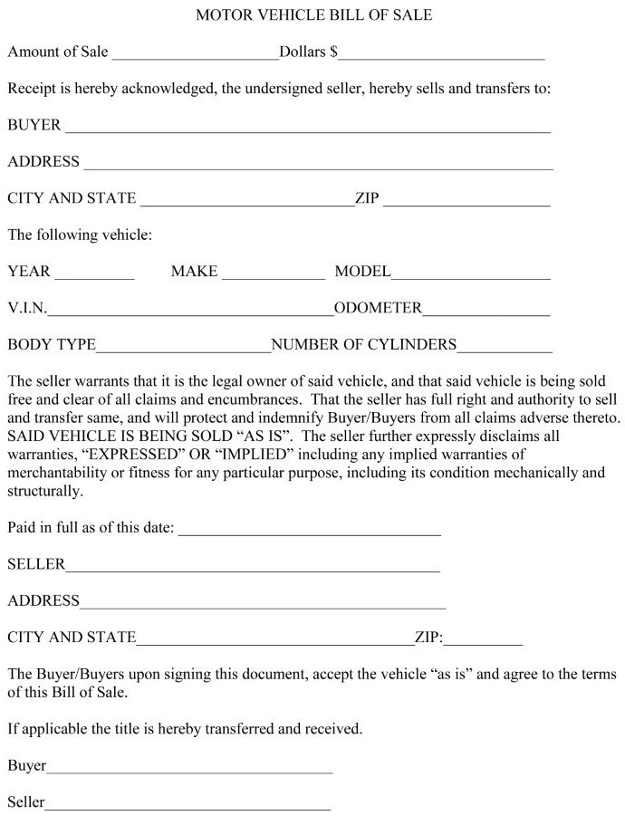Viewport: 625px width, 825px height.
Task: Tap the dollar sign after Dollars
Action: click(x=334, y=53)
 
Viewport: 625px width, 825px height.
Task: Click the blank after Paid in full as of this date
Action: click(x=310, y=532)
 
